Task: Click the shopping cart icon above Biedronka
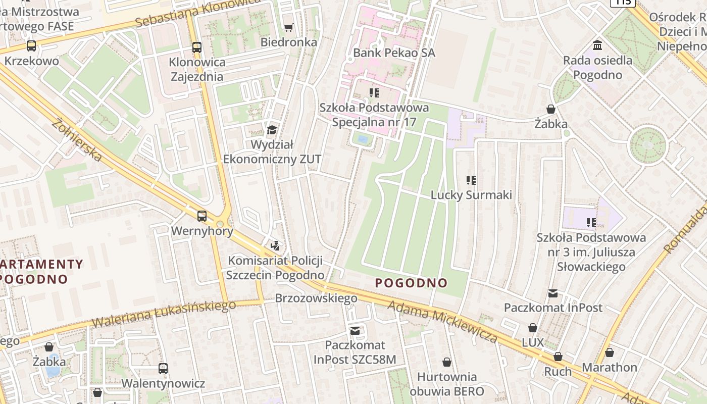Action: (288, 27)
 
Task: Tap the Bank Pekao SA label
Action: (394, 53)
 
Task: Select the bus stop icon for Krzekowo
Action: (31, 46)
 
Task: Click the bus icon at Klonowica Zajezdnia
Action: (197, 48)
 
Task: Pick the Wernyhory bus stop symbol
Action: (202, 216)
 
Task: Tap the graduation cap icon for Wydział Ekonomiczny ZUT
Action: (272, 130)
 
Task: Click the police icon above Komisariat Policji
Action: (275, 246)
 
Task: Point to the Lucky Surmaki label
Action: (471, 195)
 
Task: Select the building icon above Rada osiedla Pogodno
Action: (598, 45)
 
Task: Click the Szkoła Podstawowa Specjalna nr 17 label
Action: (374, 115)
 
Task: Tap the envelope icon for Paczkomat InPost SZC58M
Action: (355, 330)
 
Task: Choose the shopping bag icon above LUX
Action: (533, 328)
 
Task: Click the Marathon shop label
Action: (610, 367)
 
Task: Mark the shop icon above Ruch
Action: (558, 357)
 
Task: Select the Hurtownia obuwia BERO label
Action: (446, 384)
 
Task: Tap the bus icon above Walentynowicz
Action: (163, 368)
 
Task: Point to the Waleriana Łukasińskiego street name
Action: (164, 314)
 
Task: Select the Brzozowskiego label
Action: (316, 298)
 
